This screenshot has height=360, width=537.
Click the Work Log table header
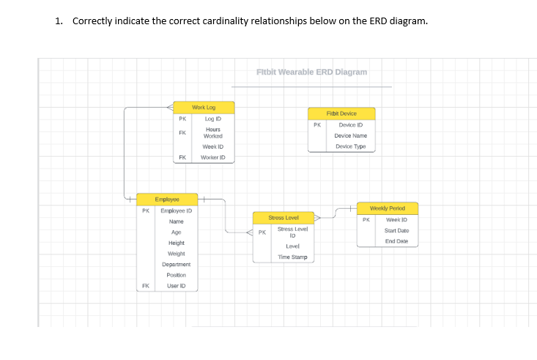coord(204,107)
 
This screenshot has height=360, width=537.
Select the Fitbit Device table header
coord(341,114)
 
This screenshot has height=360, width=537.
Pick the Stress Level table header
coord(283,218)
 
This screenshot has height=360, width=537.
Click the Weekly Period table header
coord(388,208)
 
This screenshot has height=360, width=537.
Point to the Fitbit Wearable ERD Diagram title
coord(312,72)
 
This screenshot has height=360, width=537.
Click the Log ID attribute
coord(213,118)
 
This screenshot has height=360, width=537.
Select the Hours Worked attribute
coord(213,133)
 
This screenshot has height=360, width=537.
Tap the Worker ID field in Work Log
coord(213,158)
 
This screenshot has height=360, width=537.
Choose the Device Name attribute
coord(350,136)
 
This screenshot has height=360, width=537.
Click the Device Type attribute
coord(350,147)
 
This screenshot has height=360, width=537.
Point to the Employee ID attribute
coord(176,210)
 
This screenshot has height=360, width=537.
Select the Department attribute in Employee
coord(176,264)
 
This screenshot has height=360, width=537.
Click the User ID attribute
coord(176,285)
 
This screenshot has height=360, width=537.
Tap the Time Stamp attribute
coord(292,257)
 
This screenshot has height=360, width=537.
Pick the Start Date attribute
coord(396,231)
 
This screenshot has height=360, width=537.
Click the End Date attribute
coord(396,241)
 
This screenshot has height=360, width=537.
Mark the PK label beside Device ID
coord(316,125)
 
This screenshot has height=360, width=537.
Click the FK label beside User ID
coord(145,285)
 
